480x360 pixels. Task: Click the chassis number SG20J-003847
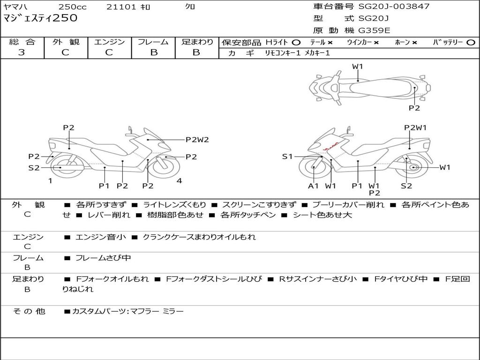(394, 6)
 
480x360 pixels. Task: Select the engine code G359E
(375, 30)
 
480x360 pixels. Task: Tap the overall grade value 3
(22, 52)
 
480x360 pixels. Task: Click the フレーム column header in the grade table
(153, 42)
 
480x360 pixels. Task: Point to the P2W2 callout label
(197, 140)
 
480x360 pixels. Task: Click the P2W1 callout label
(415, 127)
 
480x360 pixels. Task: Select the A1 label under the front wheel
(313, 186)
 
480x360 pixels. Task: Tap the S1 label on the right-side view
(287, 157)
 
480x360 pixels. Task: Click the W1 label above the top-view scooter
(357, 67)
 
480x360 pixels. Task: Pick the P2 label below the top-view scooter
(414, 108)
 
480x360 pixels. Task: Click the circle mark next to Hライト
(296, 43)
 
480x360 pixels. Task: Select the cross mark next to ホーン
(414, 43)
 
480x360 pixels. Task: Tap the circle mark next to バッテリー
(471, 43)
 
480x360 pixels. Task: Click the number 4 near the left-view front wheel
(179, 180)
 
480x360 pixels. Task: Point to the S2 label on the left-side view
(34, 168)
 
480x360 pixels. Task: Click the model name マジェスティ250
(40, 18)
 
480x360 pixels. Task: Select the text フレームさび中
(103, 258)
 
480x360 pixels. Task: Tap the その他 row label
(29, 311)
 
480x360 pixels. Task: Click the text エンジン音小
(100, 237)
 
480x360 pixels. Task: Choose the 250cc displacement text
(72, 7)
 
